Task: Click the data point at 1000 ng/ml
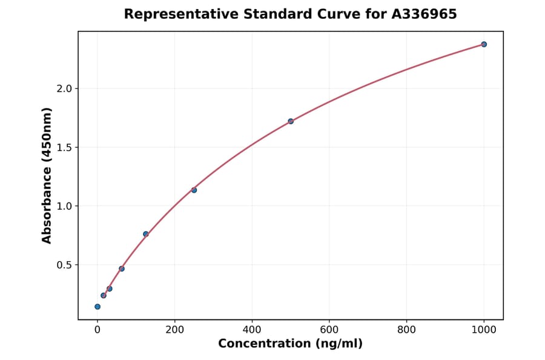[484, 44]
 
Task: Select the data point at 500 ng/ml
[291, 121]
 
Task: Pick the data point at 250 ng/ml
[194, 190]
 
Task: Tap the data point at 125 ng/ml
[146, 234]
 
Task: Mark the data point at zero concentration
[97, 307]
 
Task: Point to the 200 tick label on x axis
[174, 330]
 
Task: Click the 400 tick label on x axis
[252, 330]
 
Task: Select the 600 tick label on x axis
[329, 330]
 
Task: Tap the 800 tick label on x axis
[406, 330]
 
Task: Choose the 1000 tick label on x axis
[484, 330]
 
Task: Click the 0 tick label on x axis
[97, 330]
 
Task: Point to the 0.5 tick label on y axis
[64, 265]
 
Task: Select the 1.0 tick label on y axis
[64, 206]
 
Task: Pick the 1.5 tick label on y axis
[64, 147]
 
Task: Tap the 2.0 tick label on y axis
[64, 88]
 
